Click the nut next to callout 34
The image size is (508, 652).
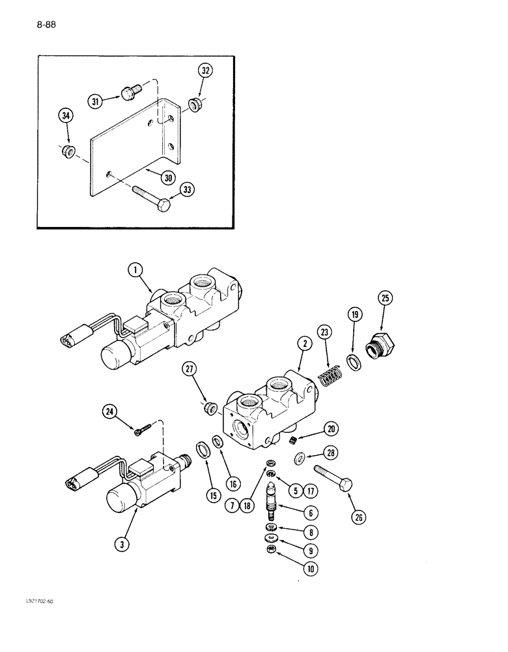[x=66, y=152]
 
